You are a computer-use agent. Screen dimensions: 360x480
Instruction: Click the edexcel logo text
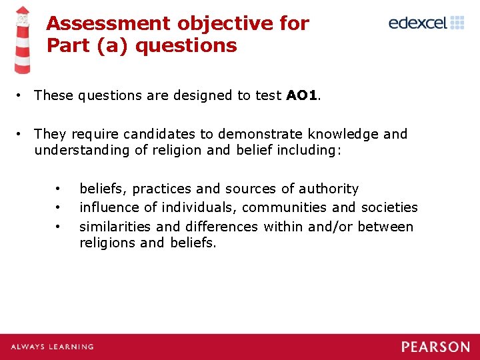coord(417,23)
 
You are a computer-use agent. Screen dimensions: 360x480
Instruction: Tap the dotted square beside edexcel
coord(457,23)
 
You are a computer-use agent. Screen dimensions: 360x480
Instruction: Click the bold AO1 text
coord(302,95)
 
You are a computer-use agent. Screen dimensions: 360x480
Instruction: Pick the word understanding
coord(83,150)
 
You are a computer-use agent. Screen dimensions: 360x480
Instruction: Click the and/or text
coord(327,227)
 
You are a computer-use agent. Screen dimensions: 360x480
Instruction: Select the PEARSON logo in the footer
coord(435,347)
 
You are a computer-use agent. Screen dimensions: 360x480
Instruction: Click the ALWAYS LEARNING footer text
coord(52,347)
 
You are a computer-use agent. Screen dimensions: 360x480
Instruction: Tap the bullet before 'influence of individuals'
coord(59,207)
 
